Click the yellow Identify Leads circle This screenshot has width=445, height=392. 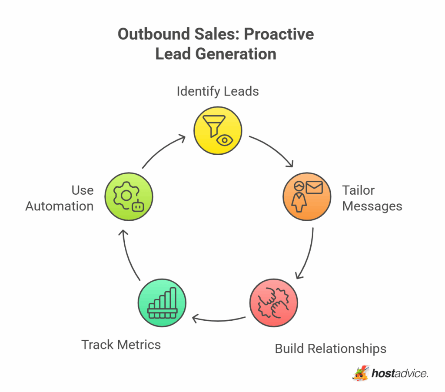click(217, 130)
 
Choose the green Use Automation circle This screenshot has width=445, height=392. click(128, 196)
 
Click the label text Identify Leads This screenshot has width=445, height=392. click(217, 91)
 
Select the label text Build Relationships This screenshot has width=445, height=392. click(330, 349)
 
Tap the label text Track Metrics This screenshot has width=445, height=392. click(121, 345)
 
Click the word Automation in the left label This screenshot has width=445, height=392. click(60, 206)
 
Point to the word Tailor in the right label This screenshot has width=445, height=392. click(358, 190)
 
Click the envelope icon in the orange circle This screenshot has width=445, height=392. click(314, 187)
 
